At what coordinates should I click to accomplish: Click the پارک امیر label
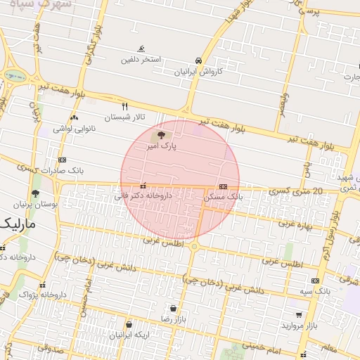click(161, 147)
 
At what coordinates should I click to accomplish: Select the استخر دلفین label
click(141, 60)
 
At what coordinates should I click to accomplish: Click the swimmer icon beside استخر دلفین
click(142, 49)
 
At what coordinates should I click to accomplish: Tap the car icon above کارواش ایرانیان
click(200, 60)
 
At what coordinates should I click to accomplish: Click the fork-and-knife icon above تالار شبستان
click(125, 106)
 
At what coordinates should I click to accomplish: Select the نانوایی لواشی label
click(73, 129)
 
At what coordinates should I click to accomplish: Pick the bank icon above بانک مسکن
click(223, 186)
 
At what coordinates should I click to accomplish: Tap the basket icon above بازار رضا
click(173, 308)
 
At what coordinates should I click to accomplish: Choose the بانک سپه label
click(314, 290)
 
